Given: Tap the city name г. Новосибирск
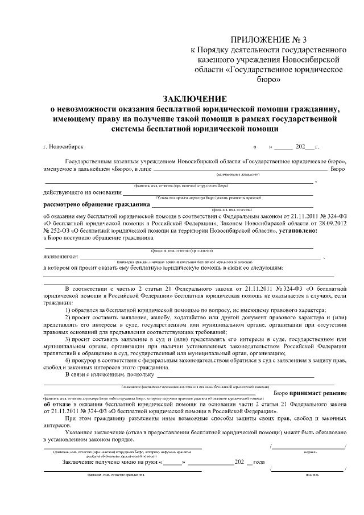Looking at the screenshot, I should click(63, 146).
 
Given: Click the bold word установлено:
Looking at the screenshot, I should click(301, 232).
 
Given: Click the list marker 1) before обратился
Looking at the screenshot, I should click(68, 310).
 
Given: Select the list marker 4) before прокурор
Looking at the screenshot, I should click(68, 360).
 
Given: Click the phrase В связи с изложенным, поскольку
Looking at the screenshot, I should click(109, 374).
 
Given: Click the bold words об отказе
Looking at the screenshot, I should click(59, 405).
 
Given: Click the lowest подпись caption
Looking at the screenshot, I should click(311, 473).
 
